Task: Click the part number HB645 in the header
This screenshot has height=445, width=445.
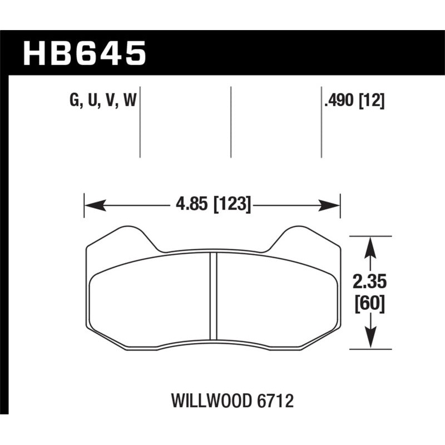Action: pyautogui.click(x=85, y=54)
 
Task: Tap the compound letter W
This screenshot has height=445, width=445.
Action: pyautogui.click(x=131, y=101)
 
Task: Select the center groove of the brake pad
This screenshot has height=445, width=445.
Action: pyautogui.click(x=212, y=295)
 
